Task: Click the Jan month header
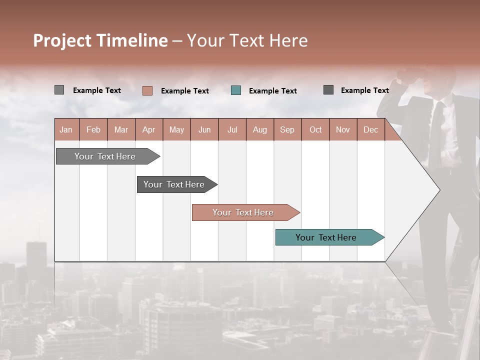[x=66, y=129]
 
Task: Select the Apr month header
[x=149, y=129]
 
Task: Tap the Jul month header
[x=232, y=129]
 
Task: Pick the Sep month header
[x=287, y=129]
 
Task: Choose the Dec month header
[x=370, y=129]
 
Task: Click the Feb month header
[x=93, y=129]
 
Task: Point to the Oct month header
[x=315, y=129]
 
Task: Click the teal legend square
[x=236, y=90]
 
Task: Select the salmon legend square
[x=147, y=90]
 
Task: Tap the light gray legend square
[x=59, y=90]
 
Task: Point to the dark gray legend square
[x=328, y=90]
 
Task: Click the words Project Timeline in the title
[x=100, y=40]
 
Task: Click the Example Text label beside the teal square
[x=273, y=91]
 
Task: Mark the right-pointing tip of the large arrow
[x=438, y=190]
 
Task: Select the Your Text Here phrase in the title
[x=247, y=40]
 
